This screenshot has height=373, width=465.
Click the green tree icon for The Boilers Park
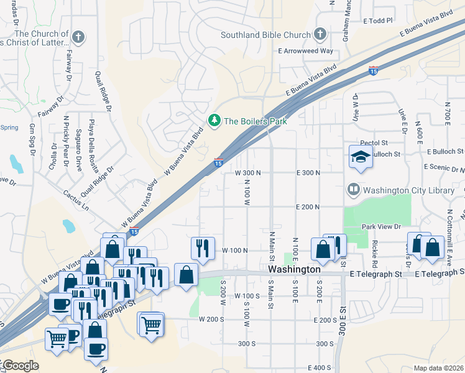click(x=214, y=120)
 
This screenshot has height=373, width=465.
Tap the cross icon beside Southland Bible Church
click(x=320, y=34)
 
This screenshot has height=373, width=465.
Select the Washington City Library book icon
click(x=352, y=188)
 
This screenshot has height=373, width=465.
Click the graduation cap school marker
click(x=361, y=158)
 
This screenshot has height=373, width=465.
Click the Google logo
click(x=20, y=366)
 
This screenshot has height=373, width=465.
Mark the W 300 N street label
click(x=247, y=172)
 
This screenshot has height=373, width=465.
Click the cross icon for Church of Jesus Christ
click(x=78, y=37)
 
